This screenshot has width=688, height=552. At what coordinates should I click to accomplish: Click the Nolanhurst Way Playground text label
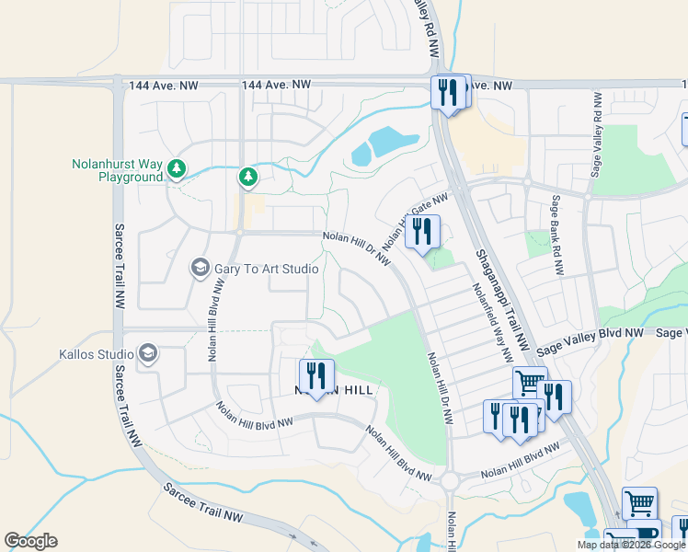pyautogui.click(x=117, y=170)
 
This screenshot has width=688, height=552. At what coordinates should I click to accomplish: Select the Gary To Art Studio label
pyautogui.click(x=266, y=269)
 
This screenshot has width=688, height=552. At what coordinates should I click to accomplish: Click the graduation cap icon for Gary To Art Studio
pyautogui.click(x=200, y=268)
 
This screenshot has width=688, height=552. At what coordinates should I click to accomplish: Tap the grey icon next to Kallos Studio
pyautogui.click(x=147, y=353)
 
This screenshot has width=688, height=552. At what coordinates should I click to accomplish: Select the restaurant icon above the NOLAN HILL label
pyautogui.click(x=315, y=375)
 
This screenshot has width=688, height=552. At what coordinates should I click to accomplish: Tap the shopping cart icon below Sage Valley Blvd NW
pyautogui.click(x=529, y=382)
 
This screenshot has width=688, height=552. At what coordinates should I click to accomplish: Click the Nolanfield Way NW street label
pyautogui.click(x=491, y=322)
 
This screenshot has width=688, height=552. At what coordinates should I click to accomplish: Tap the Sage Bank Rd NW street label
pyautogui.click(x=556, y=235)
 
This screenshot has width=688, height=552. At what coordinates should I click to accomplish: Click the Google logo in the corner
pyautogui.click(x=30, y=541)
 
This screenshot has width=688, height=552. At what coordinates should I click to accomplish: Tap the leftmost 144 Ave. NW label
pyautogui.click(x=164, y=86)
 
